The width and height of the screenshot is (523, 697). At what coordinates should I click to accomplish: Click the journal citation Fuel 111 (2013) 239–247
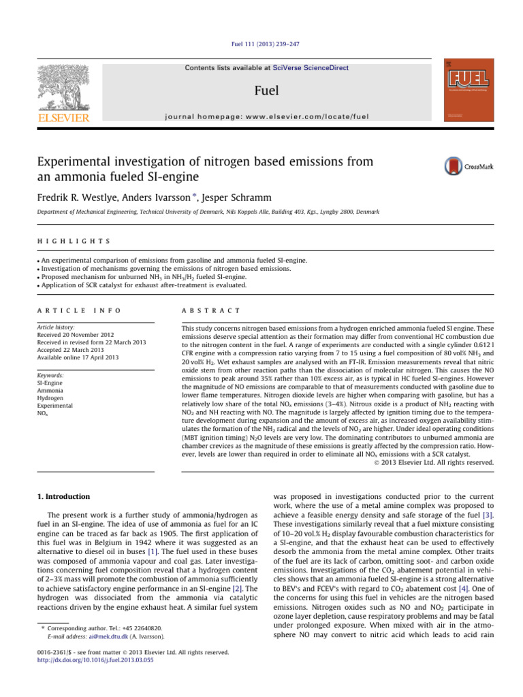click(261, 44)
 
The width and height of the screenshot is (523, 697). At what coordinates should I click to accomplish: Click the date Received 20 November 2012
click(69, 315)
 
